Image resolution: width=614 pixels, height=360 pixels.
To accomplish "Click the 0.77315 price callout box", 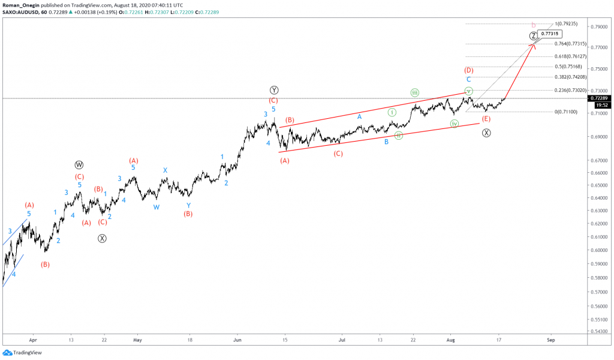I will click(551, 34).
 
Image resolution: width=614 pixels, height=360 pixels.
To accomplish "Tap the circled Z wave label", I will click(534, 36).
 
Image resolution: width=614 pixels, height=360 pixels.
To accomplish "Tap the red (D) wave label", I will click(468, 70).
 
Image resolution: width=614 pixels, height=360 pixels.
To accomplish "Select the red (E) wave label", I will click(486, 119).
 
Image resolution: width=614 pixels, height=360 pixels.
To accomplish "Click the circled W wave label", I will click(79, 164).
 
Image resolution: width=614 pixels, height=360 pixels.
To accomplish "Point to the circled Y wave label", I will click(273, 90).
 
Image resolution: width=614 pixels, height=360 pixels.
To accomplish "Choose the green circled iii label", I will click(414, 92).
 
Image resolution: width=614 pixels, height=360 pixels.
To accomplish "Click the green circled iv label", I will click(455, 124).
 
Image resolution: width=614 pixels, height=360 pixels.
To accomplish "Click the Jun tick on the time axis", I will click(237, 339).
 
